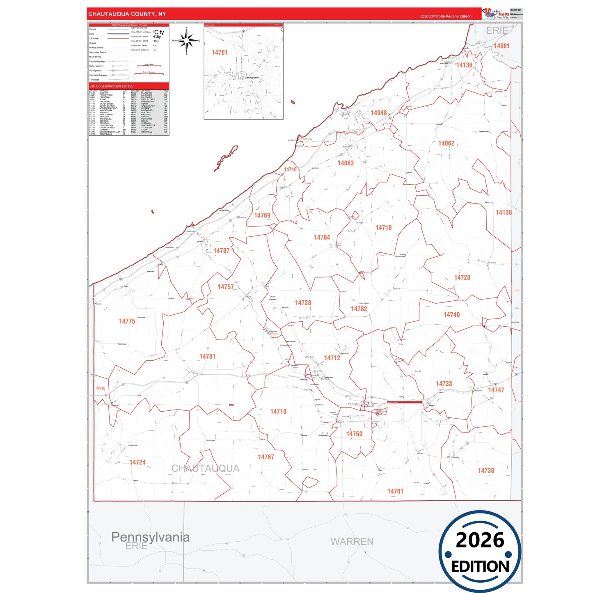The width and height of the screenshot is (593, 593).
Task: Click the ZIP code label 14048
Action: click(378, 113)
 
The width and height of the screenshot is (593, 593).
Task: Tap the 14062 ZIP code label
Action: click(446, 143)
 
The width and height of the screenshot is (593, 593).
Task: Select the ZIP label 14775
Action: click(127, 321)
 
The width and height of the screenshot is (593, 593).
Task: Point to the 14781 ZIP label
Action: click(207, 356)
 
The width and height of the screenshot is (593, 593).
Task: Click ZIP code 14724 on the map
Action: click(137, 462)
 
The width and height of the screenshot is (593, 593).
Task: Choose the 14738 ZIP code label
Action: click(486, 470)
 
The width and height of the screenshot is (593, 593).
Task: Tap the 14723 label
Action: click(462, 277)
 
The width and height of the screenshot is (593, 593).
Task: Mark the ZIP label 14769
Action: click(262, 215)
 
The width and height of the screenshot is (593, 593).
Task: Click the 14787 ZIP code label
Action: click(221, 250)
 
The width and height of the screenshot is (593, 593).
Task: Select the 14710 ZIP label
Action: click(278, 411)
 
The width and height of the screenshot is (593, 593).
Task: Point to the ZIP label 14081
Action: click(501, 46)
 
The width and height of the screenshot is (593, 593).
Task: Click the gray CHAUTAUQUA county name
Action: click(205, 468)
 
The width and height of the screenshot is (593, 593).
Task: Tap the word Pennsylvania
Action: click(150, 537)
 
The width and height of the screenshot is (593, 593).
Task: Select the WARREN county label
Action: click(352, 542)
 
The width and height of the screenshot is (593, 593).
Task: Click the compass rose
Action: click(186, 41)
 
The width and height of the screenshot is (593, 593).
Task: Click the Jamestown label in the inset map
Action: click(252, 78)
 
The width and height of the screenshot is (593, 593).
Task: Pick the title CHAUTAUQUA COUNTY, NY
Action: click(127, 14)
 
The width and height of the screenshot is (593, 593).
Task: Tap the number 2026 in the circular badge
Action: click(480, 540)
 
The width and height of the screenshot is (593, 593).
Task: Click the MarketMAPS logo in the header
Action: click(497, 14)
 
